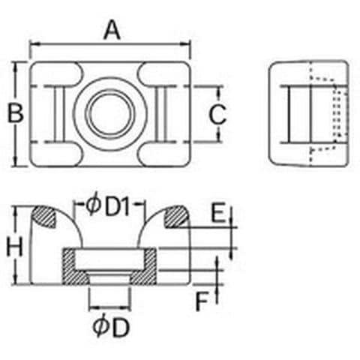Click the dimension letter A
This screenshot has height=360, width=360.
pos(112,30)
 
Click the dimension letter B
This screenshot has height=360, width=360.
pos(16,113)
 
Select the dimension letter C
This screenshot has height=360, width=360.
pos(217,115)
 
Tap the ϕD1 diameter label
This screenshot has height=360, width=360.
pos(108,206)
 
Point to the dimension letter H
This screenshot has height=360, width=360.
pos(14,247)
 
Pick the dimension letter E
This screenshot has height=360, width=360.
pos(218,212)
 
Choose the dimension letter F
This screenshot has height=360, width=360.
pos(202,301)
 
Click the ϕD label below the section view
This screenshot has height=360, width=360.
pos(112,327)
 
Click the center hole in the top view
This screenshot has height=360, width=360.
pos(110,114)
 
